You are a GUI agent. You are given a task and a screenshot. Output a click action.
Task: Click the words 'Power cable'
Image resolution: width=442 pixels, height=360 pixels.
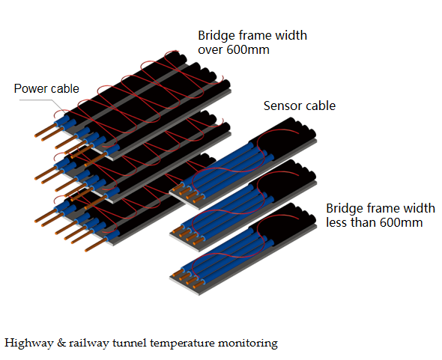pyautogui.click(x=46, y=89)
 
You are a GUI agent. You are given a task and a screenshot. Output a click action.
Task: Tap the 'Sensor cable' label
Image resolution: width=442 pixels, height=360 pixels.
pyautogui.click(x=300, y=106)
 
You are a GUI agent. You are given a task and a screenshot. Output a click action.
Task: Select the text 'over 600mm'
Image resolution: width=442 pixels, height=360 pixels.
pyautogui.click(x=234, y=50)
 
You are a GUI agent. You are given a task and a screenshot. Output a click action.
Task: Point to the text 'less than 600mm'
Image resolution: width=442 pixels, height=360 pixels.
pyautogui.click(x=375, y=222)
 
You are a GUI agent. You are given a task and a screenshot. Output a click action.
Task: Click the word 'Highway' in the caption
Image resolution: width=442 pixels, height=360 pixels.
pyautogui.click(x=29, y=344)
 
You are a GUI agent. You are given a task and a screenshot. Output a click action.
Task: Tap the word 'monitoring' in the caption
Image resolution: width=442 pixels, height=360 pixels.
pyautogui.click(x=248, y=344)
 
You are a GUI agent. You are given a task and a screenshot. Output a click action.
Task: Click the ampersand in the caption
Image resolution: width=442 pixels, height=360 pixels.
pyautogui.click(x=61, y=343)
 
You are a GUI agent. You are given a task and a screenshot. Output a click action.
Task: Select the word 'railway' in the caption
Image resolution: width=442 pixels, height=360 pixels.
pyautogui.click(x=89, y=344)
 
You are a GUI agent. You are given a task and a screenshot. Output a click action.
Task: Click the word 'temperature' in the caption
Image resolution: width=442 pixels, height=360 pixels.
pyautogui.click(x=182, y=344)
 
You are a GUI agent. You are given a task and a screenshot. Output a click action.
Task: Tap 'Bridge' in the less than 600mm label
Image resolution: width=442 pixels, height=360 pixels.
pyautogui.click(x=345, y=209)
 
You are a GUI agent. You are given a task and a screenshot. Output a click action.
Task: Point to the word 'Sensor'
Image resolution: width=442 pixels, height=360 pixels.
pyautogui.click(x=282, y=106)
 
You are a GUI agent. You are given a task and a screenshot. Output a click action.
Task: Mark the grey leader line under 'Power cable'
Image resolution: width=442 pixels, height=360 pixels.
pyautogui.click(x=43, y=106)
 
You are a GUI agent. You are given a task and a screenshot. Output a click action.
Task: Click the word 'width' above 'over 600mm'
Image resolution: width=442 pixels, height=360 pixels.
pyautogui.click(x=291, y=35)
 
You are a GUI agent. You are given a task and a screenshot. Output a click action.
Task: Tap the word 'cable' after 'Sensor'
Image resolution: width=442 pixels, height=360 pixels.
pyautogui.click(x=321, y=106)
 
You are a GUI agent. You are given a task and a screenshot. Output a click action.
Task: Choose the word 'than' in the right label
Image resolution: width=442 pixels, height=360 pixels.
pyautogui.click(x=363, y=222)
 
